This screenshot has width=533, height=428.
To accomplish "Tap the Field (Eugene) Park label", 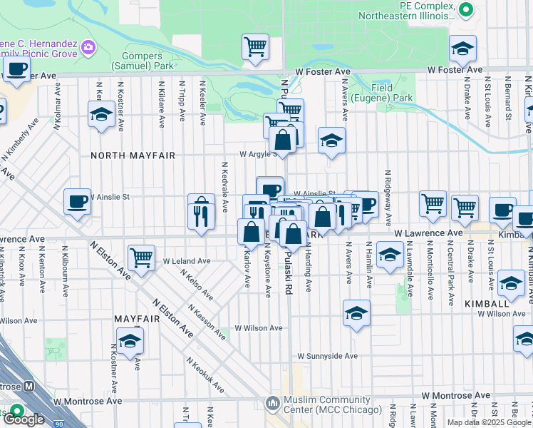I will point(392,93).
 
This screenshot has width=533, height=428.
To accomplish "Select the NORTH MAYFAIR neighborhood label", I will point(133,154).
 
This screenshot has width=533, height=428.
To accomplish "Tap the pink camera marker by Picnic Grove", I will point(88,48).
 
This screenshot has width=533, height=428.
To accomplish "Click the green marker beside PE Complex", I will point(466,9).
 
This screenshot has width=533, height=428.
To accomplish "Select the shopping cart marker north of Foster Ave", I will point(255,47).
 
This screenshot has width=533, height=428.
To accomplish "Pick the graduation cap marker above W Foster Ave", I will point(462,49).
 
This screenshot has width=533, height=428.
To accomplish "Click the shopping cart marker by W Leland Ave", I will point(142,258).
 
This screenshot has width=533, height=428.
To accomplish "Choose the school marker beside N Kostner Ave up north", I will point(102,114).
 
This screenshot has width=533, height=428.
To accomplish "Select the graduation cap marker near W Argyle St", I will point(331,141).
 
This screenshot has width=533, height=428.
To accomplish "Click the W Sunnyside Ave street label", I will point(327,355).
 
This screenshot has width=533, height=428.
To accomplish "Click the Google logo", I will point(24,419).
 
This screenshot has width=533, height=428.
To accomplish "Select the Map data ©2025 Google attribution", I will point(489,422).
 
